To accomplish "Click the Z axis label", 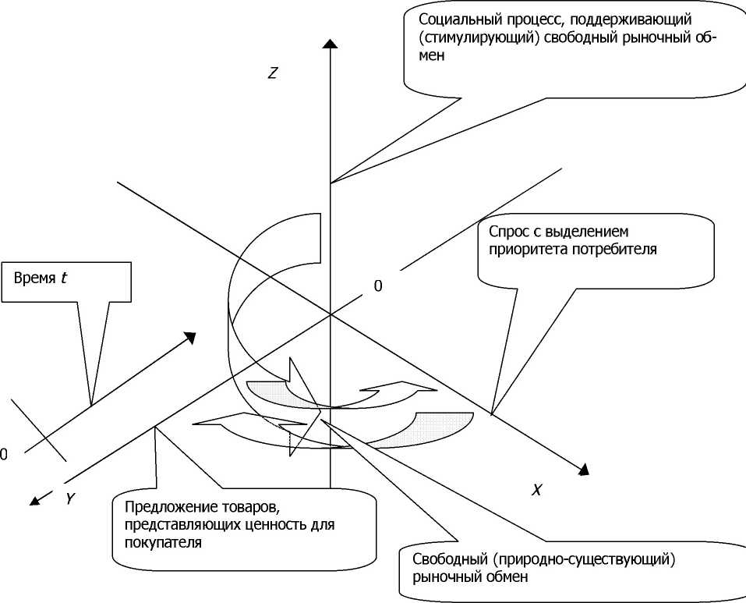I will point(272,73).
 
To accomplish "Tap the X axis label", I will point(536,490).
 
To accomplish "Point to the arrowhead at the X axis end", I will point(582,469).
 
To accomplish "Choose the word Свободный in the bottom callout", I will point(433,560).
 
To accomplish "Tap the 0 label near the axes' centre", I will point(378,286).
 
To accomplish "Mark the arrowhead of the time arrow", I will point(189,337).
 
